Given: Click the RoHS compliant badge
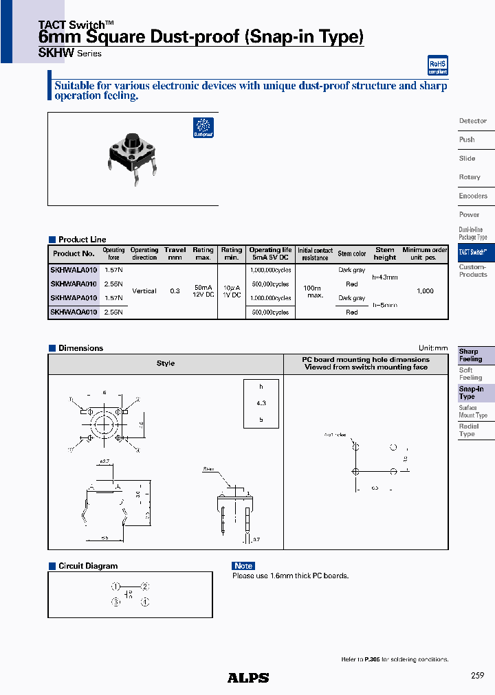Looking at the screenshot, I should pyautogui.click(x=437, y=65).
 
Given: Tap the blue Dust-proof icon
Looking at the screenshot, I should pyautogui.click(x=203, y=128).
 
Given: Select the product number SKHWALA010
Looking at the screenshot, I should pyautogui.click(x=74, y=270).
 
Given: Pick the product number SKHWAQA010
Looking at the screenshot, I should pyautogui.click(x=74, y=312).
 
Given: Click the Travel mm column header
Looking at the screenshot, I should pyautogui.click(x=175, y=253).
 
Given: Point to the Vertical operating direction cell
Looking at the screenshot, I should pyautogui.click(x=144, y=291).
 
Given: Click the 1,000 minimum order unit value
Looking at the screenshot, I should pyautogui.click(x=425, y=291).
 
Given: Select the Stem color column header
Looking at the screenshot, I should pyautogui.click(x=352, y=254).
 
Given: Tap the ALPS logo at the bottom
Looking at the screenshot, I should pyautogui.click(x=248, y=678).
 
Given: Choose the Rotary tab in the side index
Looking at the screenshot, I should pyautogui.click(x=470, y=177).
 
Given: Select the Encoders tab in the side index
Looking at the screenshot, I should pyautogui.click(x=473, y=196).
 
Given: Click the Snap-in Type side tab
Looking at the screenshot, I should pyautogui.click(x=472, y=393).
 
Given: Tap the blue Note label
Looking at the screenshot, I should pyautogui.click(x=243, y=566).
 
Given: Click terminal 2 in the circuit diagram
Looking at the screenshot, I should pyautogui.click(x=144, y=586).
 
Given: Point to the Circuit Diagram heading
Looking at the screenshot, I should pyautogui.click(x=88, y=566).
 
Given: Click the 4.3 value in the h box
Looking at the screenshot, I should pyautogui.click(x=261, y=403).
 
